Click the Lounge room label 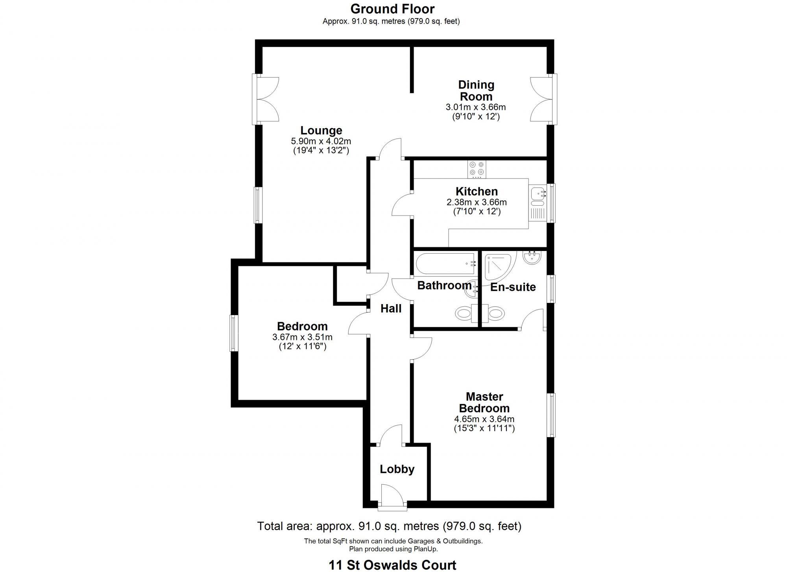(x=321, y=131)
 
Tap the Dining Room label (x=476, y=90)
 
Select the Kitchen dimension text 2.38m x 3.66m (x=476, y=203)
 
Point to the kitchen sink (x=537, y=194)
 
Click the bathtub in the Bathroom (x=445, y=264)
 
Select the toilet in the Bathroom (x=464, y=314)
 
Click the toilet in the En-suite (x=495, y=314)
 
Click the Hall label (x=391, y=309)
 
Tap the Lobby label (x=397, y=469)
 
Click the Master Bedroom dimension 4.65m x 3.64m (x=484, y=419)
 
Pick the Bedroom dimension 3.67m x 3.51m (x=302, y=337)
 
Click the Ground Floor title (x=392, y=9)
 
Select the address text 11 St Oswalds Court (x=392, y=565)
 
